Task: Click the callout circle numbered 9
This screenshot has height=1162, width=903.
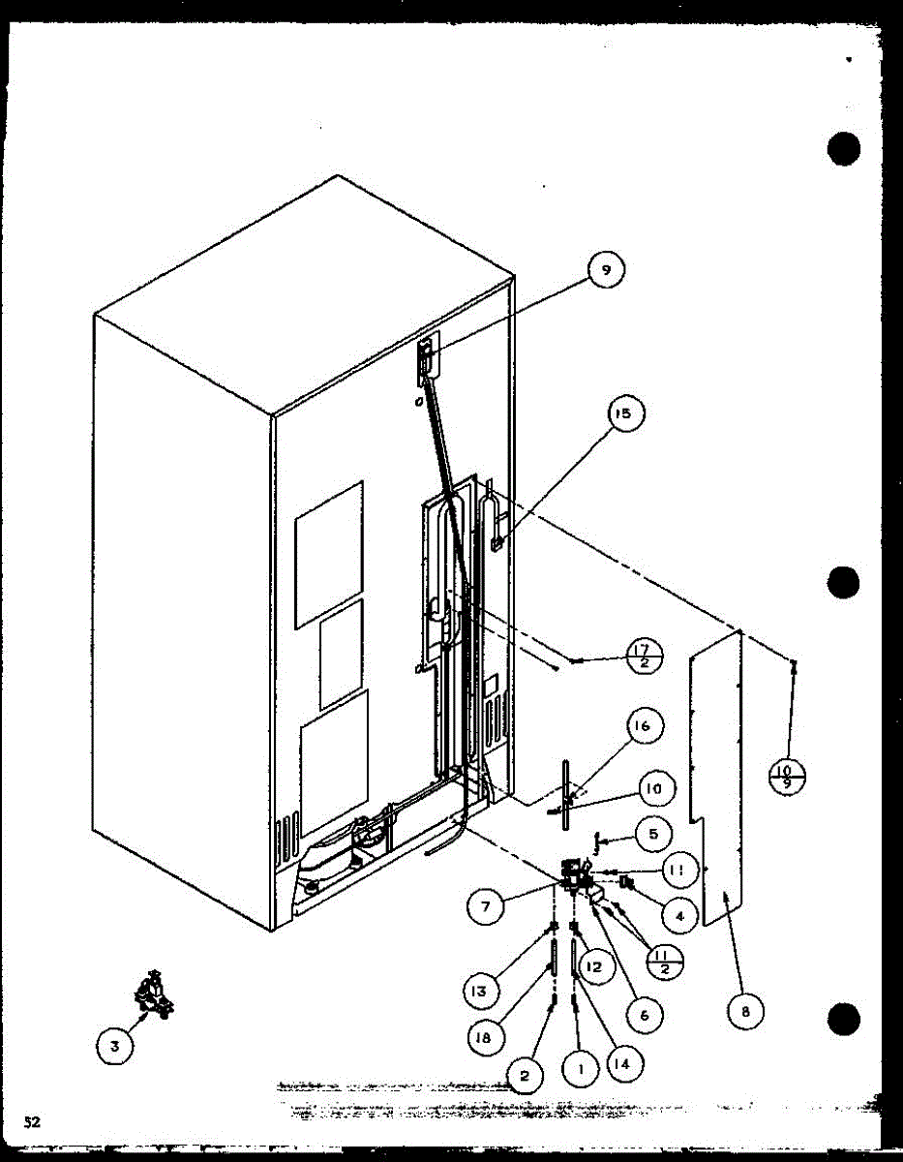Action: pyautogui.click(x=606, y=271)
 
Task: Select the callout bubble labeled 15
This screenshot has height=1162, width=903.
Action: pyautogui.click(x=623, y=414)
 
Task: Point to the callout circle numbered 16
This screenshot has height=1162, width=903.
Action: pyautogui.click(x=645, y=725)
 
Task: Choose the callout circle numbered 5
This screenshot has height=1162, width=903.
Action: pyautogui.click(x=653, y=833)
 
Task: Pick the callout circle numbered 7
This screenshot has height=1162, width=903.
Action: pyautogui.click(x=485, y=907)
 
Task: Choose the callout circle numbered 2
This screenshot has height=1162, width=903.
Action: pyautogui.click(x=525, y=1073)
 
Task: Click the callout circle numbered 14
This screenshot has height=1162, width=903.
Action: pyautogui.click(x=622, y=1062)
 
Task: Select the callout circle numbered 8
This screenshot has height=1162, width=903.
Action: pyautogui.click(x=745, y=1012)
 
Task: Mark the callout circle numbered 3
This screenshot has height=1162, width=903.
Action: pyautogui.click(x=115, y=1045)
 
